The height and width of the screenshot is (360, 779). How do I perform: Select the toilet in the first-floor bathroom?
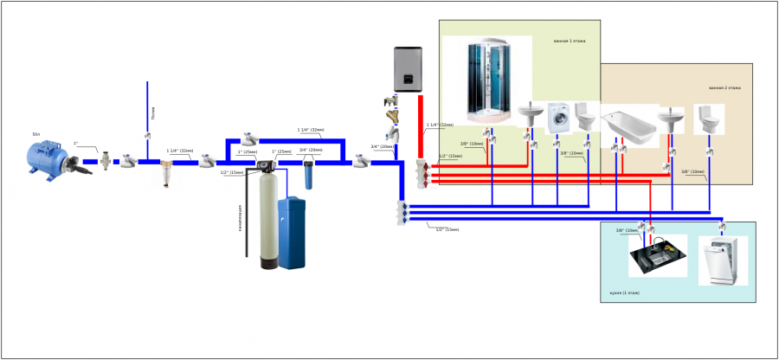(x=584, y=115)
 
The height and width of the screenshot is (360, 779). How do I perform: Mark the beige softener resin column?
(x=267, y=221)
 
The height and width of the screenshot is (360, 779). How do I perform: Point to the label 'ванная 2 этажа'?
(x=724, y=88)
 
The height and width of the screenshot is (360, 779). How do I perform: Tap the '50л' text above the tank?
(x=36, y=135)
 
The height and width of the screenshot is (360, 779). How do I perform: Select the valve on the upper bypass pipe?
(x=250, y=138)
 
